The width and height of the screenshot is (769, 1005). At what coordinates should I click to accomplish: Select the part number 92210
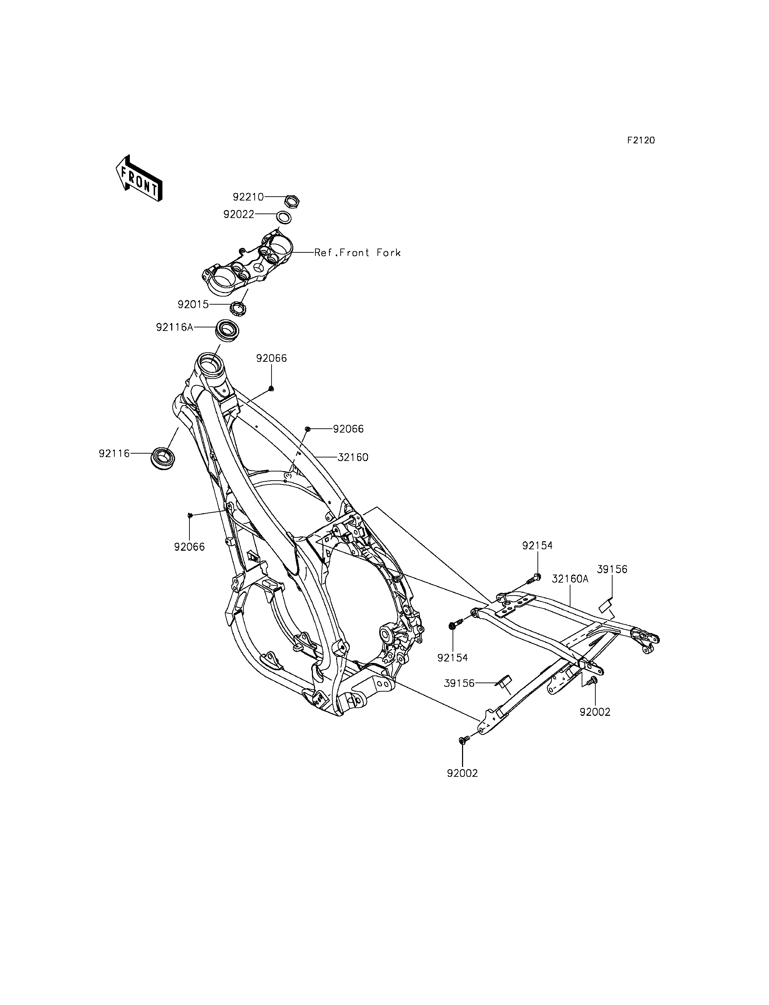coord(248,197)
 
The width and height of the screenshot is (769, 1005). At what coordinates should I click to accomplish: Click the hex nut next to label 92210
coord(292,201)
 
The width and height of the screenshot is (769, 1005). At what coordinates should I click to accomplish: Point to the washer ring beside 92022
coord(284,217)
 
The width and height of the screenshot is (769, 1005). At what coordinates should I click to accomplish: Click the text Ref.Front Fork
coord(357,252)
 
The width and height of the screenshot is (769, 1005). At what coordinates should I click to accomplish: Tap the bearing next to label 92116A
coord(227,330)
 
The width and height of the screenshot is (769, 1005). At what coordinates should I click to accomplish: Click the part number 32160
coord(353,457)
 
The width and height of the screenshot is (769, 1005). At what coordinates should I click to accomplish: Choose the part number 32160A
coord(570,579)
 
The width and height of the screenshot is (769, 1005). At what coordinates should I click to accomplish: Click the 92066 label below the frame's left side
coord(189,546)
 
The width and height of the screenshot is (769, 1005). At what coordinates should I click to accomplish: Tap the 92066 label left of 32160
coord(348,429)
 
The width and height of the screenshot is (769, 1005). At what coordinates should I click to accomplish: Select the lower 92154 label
coord(453,658)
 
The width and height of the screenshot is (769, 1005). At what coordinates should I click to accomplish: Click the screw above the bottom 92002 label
coord(462,740)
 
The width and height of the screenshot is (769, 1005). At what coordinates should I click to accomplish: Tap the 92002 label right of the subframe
coord(595,712)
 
